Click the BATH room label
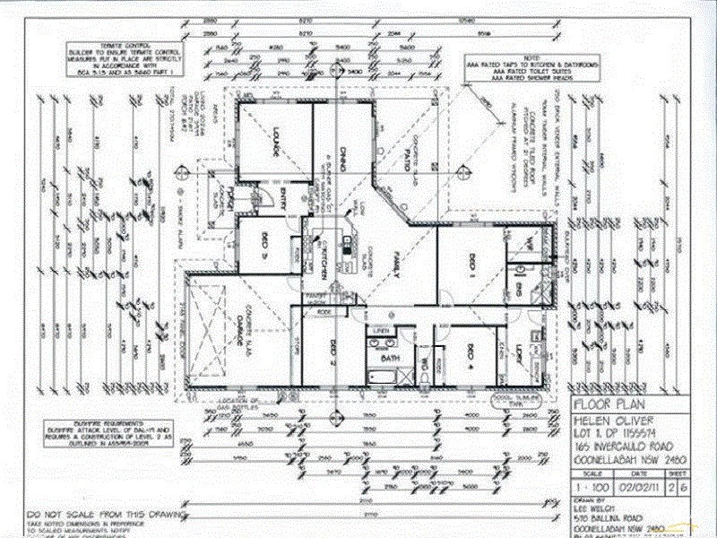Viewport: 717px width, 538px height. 389,358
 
